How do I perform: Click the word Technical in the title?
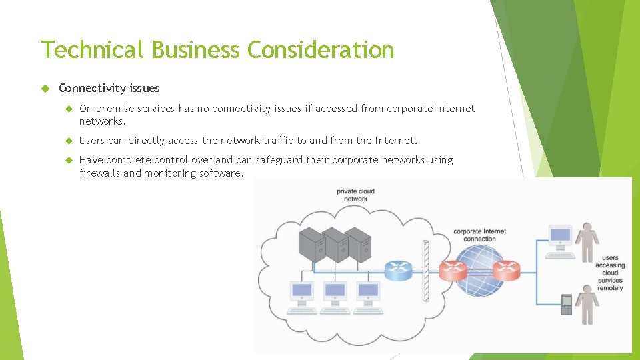[92, 50]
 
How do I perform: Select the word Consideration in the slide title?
[321, 50]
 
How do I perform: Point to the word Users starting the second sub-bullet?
[92, 141]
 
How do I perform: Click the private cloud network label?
[355, 195]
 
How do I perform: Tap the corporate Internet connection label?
[479, 235]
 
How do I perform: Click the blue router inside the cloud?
[398, 269]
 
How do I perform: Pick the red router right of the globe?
[505, 270]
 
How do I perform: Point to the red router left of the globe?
[453, 270]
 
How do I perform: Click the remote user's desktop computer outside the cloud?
[560, 241]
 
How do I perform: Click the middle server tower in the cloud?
[335, 245]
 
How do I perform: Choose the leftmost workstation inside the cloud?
[302, 296]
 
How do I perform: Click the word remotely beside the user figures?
[610, 288]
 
